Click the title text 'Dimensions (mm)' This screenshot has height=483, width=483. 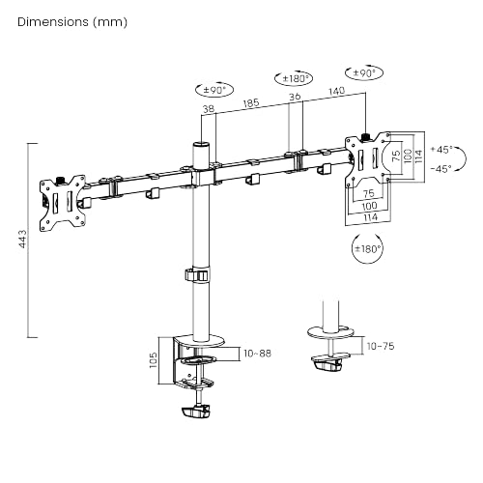tap(72, 22)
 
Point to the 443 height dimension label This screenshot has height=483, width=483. tap(23, 239)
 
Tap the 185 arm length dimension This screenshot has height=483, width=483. tap(251, 102)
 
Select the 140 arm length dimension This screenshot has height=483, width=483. tap(336, 91)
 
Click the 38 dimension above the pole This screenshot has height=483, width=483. tap(209, 109)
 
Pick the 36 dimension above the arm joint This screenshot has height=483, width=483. tap(295, 97)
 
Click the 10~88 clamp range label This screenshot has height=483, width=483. tap(257, 354)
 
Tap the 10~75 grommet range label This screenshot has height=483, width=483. tap(381, 346)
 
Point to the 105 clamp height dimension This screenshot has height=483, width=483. tap(154, 360)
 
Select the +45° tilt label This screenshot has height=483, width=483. tap(441, 150)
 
